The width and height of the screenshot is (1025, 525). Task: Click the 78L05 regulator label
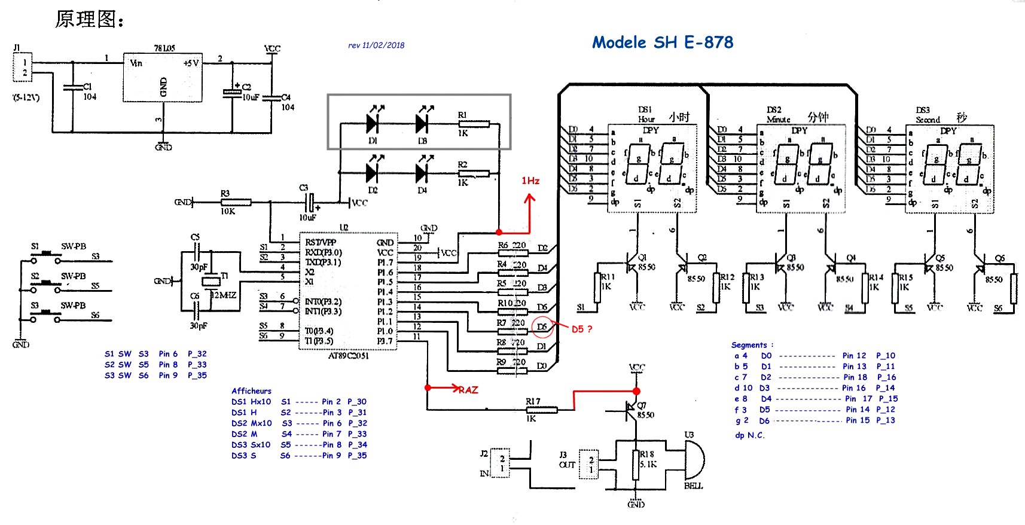coord(164,48)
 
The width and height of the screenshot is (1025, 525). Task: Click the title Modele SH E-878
coord(663,42)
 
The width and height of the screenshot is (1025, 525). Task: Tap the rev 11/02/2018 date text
coord(376,45)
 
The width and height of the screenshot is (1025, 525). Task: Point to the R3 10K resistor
coord(235,202)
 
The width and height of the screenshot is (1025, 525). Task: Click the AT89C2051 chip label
coord(349,356)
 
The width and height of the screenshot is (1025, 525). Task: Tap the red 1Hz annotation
coord(530,181)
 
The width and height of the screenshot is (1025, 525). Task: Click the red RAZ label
coord(468,390)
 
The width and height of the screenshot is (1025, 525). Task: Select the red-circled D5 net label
coord(542,326)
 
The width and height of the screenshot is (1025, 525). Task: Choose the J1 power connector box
coord(23,67)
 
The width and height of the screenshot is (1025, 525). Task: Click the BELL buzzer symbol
coord(694,460)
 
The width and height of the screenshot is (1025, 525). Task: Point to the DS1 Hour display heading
coord(646,114)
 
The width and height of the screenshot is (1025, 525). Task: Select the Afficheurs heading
coord(251,391)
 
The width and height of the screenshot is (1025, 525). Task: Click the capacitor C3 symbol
coord(309,202)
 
